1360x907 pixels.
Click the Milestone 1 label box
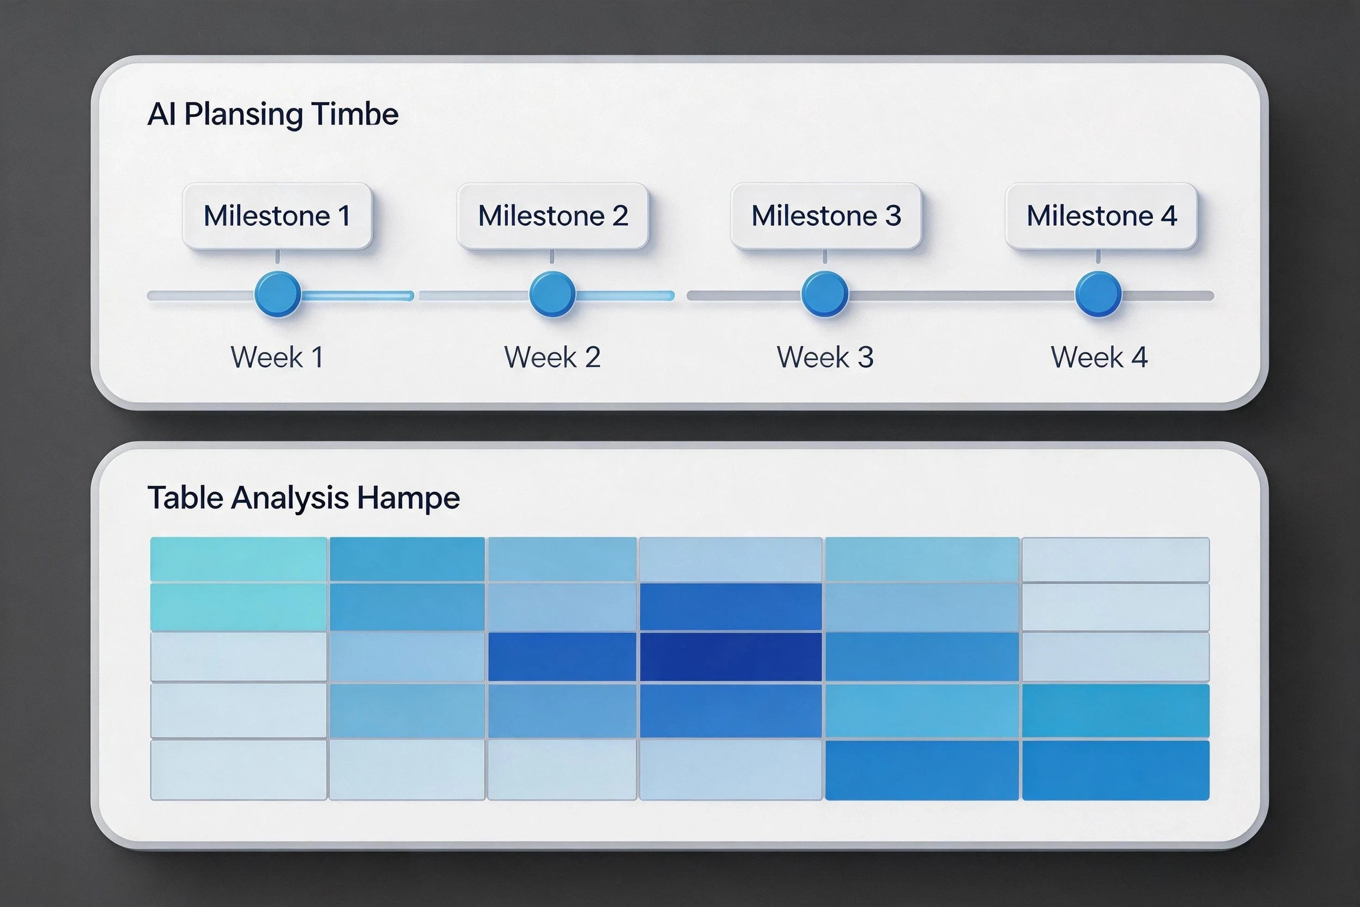pyautogui.click(x=277, y=216)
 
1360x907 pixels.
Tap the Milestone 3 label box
pyautogui.click(x=825, y=216)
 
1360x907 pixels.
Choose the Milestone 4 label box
pyautogui.click(x=1101, y=216)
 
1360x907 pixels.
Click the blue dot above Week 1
pyautogui.click(x=277, y=294)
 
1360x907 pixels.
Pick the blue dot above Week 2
pyautogui.click(x=552, y=294)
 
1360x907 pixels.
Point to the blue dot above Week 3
pyautogui.click(x=824, y=294)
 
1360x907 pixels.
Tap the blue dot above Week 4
pyautogui.click(x=1098, y=294)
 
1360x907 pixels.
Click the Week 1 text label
pyautogui.click(x=277, y=357)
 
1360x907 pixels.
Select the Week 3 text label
pyautogui.click(x=825, y=357)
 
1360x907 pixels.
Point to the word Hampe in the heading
pyautogui.click(x=408, y=499)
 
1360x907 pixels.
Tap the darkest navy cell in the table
pyautogui.click(x=731, y=656)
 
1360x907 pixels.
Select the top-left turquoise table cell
pyautogui.click(x=239, y=559)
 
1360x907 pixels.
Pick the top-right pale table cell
pyautogui.click(x=1115, y=559)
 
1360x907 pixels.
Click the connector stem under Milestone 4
pyautogui.click(x=1098, y=257)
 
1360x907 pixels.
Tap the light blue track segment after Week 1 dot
pyautogui.click(x=357, y=296)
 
